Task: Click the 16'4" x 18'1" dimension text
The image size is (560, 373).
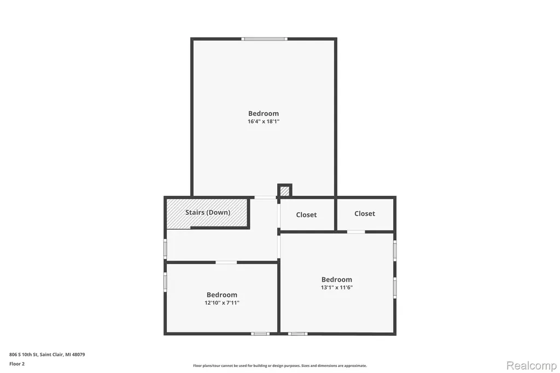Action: pos(264,121)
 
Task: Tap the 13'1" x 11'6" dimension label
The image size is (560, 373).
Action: pos(337,287)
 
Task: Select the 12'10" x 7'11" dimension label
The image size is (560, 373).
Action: pos(222,302)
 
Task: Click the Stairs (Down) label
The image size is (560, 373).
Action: pos(207,212)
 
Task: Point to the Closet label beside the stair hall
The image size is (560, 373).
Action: pos(306,215)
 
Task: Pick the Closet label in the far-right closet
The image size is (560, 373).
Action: pos(365,214)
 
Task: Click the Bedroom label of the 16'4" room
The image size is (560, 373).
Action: pos(264,114)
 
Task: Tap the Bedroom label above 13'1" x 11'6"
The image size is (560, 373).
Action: pos(337,279)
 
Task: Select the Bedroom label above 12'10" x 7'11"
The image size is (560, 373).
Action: pos(222,295)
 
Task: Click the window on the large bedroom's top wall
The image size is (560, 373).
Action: pos(264,39)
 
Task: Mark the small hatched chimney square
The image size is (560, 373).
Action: pos(284,191)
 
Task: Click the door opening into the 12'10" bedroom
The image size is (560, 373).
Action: pos(226,263)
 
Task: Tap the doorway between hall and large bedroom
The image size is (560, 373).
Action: pos(265,197)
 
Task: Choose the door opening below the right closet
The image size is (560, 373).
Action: pos(356,232)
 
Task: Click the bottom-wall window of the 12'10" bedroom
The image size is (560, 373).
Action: pos(260,334)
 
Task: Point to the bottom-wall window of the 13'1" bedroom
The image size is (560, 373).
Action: pos(298,334)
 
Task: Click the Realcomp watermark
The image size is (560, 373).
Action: pos(532,366)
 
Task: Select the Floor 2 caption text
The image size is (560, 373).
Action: pos(17,364)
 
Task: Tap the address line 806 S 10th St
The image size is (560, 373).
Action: pos(47,355)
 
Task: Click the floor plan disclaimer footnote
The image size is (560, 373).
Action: pos(280,366)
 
